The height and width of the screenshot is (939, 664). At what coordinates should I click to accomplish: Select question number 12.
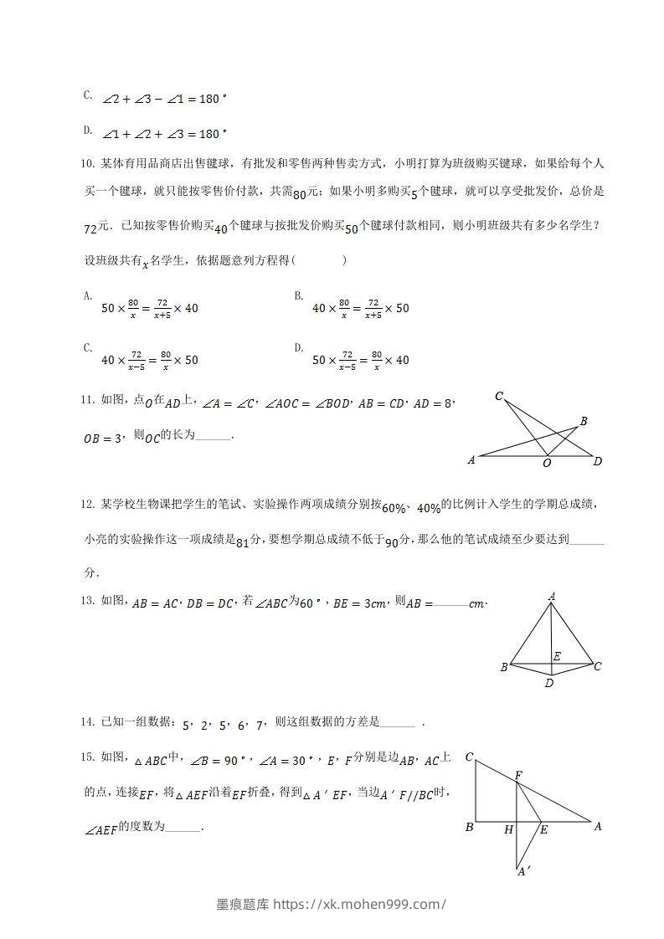tap(89, 504)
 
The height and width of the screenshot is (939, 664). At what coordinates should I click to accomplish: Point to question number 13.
tap(89, 599)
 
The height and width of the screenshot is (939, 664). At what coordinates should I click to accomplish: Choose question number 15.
tap(89, 757)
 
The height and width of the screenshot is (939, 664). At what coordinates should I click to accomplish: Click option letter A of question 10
tap(87, 295)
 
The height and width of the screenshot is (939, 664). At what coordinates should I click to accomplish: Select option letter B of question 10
tap(298, 295)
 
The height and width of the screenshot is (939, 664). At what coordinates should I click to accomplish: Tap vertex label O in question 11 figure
tap(548, 463)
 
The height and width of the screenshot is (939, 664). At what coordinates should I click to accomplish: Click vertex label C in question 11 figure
tap(499, 396)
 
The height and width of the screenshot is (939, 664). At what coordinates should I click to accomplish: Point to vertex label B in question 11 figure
tap(584, 421)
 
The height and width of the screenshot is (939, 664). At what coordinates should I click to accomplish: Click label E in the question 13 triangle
tap(557, 657)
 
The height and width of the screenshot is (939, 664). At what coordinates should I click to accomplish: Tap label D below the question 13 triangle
tap(549, 683)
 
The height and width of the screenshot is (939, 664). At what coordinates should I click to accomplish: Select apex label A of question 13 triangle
tap(552, 596)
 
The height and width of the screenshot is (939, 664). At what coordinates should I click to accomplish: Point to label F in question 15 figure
tap(519, 775)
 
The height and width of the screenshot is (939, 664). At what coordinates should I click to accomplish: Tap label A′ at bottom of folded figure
tap(522, 872)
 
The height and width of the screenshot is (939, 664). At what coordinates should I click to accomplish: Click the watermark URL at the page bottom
tap(383, 904)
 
